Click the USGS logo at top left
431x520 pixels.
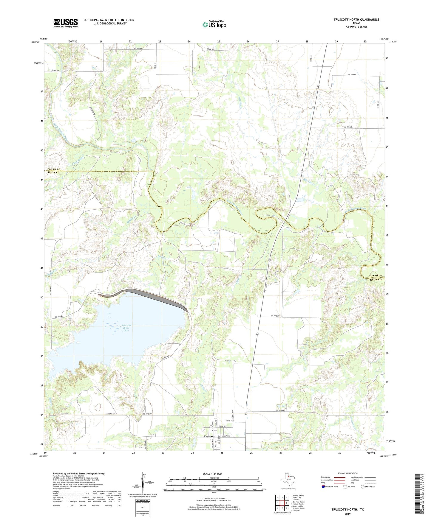pos(65,23)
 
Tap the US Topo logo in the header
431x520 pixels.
pos(214,25)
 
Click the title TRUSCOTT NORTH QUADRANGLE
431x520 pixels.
pos(356,20)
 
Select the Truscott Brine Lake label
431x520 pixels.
pos(126,328)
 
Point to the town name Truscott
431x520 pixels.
pos(209,437)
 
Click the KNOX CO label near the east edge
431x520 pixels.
pos(376,280)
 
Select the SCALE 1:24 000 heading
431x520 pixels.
pos(212,474)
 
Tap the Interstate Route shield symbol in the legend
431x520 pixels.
pos(323,487)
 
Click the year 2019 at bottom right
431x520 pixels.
pos(347,514)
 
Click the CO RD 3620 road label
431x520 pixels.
pos(276,316)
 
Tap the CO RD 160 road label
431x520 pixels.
pos(348,127)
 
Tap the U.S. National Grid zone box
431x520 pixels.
pos(142,506)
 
